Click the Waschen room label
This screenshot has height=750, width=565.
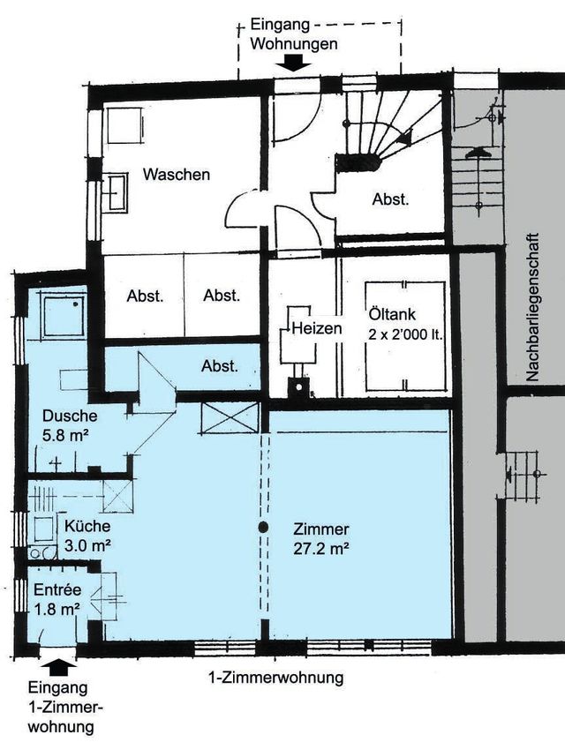(176, 174)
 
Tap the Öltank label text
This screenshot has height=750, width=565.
(392, 314)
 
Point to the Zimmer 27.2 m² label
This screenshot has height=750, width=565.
(321, 538)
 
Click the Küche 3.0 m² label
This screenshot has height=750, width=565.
(88, 536)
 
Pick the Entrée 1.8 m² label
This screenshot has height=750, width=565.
(57, 599)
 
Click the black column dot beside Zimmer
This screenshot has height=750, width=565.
(263, 528)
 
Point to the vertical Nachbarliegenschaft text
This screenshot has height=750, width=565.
(532, 308)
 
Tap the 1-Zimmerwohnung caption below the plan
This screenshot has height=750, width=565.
(276, 679)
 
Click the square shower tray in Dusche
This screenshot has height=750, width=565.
(64, 316)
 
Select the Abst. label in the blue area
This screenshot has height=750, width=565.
(220, 366)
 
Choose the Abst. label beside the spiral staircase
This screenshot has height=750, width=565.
(391, 199)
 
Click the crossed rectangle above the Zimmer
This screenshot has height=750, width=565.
(230, 418)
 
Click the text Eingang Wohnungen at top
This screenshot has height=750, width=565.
(294, 34)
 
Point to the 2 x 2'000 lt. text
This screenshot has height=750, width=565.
(405, 334)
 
